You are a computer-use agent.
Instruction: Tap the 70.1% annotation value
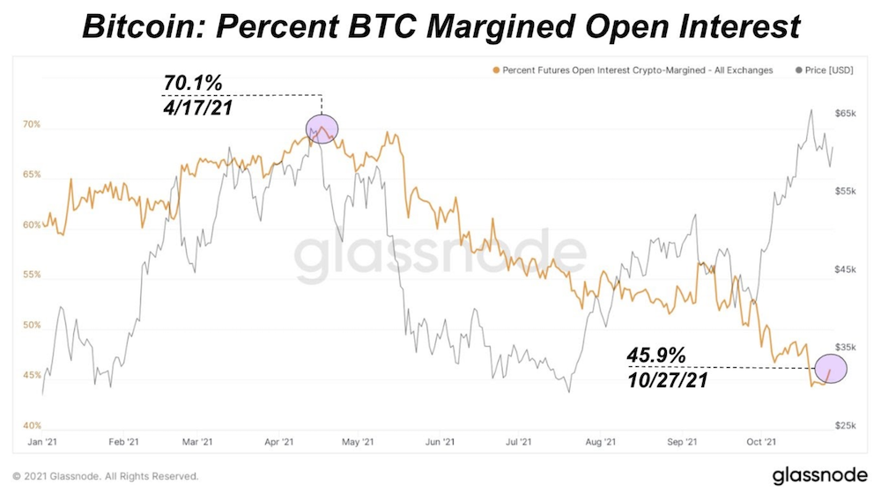(x=193, y=84)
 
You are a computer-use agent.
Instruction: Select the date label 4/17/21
(x=199, y=107)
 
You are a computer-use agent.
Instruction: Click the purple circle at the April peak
(x=322, y=130)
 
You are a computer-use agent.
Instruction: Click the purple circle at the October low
(x=830, y=369)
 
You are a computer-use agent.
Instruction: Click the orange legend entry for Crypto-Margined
(x=634, y=70)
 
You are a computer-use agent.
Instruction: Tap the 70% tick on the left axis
(x=32, y=124)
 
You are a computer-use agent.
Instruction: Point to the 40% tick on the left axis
(x=32, y=425)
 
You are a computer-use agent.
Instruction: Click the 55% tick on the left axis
(x=32, y=275)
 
